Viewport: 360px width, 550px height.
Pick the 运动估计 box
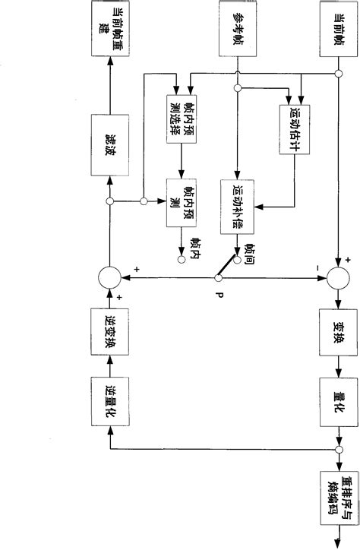point(295,119)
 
